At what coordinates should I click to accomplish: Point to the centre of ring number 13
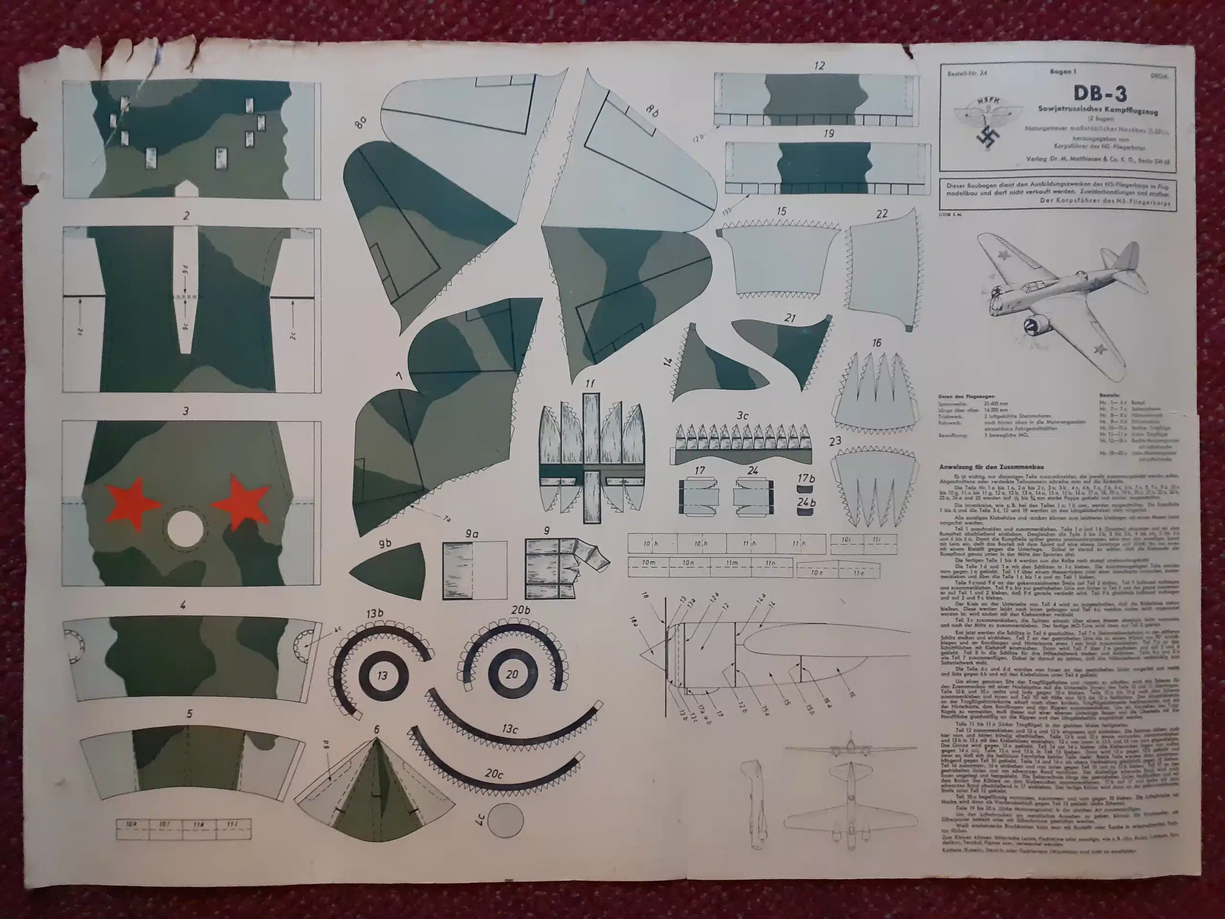pyautogui.click(x=382, y=675)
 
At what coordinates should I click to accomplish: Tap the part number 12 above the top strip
pyautogui.click(x=820, y=66)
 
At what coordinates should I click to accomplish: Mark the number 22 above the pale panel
pyautogui.click(x=882, y=213)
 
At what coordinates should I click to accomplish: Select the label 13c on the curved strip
pyautogui.click(x=510, y=729)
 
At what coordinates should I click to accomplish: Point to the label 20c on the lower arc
pyautogui.click(x=493, y=773)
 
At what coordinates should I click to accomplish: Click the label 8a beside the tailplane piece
pyautogui.click(x=360, y=121)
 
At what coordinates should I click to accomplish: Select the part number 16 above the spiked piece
pyautogui.click(x=877, y=343)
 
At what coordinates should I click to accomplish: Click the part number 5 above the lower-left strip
pyautogui.click(x=189, y=714)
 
